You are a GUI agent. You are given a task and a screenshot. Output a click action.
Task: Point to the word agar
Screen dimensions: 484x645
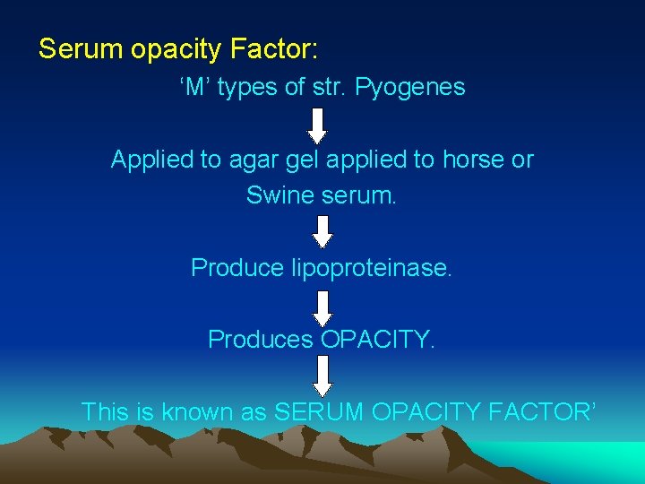click(x=254, y=160)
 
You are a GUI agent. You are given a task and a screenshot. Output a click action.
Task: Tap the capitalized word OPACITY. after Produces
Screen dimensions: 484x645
click(x=377, y=340)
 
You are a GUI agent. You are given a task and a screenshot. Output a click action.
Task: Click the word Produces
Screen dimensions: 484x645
click(x=261, y=340)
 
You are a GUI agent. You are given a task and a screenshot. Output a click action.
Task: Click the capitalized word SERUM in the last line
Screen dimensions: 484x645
click(x=319, y=411)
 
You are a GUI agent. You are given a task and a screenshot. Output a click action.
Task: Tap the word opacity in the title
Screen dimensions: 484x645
click(x=171, y=49)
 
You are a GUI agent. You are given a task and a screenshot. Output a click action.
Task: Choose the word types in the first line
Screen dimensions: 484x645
click(x=250, y=88)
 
